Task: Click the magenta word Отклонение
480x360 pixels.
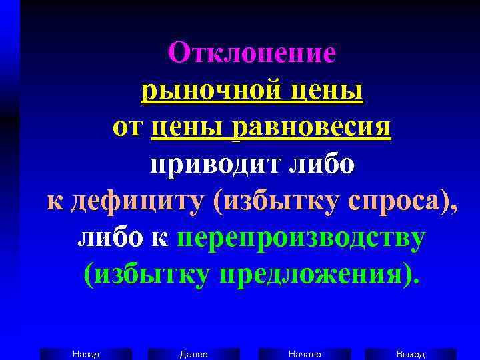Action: [251, 53]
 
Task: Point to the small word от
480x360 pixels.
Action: [127, 128]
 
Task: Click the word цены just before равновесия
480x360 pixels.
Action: [189, 128]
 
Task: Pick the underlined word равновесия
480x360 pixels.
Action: [311, 128]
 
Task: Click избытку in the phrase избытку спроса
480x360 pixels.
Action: [273, 201]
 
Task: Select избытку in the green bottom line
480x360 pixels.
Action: [146, 275]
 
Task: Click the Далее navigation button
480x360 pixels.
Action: [194, 354]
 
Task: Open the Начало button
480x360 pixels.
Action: [305, 354]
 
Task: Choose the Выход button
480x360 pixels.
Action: [411, 354]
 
